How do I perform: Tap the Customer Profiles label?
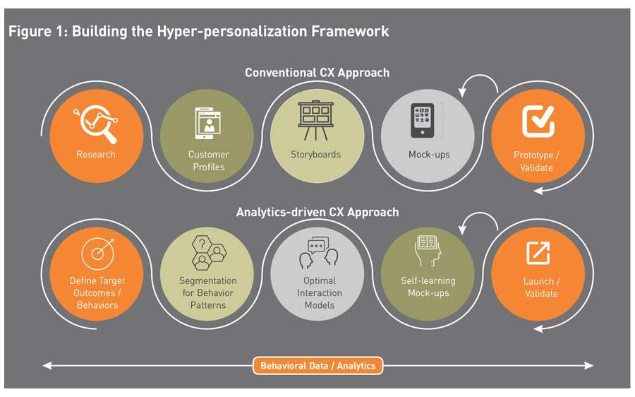pyautogui.click(x=208, y=160)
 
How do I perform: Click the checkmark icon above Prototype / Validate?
pyautogui.click(x=538, y=120)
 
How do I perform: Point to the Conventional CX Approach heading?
pyautogui.click(x=317, y=72)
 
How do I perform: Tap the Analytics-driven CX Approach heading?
pyautogui.click(x=317, y=212)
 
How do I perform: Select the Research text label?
pyautogui.click(x=95, y=154)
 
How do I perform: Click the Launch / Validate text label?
pyautogui.click(x=540, y=288)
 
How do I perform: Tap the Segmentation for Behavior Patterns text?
pyautogui.click(x=207, y=292)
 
